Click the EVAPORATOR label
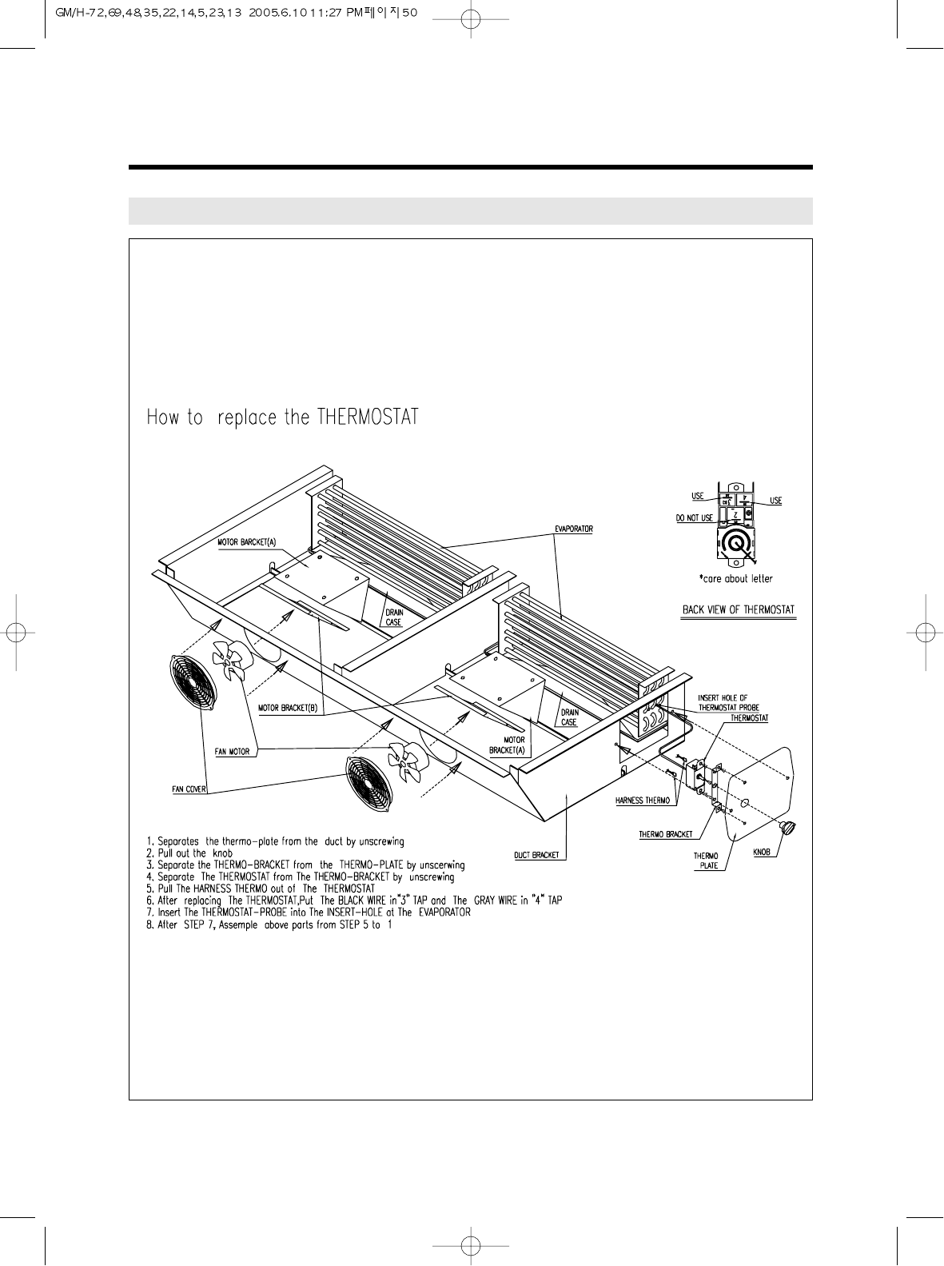[x=573, y=529]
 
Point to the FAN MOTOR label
[x=233, y=752]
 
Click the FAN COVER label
[x=190, y=789]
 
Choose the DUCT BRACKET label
[x=540, y=855]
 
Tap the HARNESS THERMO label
[x=642, y=801]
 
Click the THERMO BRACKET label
[x=666, y=835]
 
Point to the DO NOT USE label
[x=694, y=518]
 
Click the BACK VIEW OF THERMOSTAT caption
[x=739, y=610]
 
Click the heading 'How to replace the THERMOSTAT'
[x=282, y=417]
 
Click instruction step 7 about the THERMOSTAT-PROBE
[x=309, y=913]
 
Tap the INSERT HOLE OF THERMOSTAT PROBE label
[x=723, y=702]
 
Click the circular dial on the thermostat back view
[x=736, y=544]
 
